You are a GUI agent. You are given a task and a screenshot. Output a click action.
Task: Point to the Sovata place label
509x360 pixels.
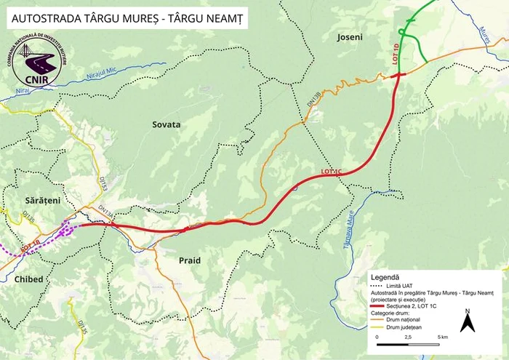point(166,124)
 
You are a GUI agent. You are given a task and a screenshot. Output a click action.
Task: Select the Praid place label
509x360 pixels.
point(189,260)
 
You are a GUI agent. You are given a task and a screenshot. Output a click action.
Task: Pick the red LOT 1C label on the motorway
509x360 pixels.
point(331,172)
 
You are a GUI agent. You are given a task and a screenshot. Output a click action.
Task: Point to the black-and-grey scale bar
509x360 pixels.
point(408,331)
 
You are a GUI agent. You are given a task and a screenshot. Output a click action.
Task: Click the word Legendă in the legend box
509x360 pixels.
point(385,277)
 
